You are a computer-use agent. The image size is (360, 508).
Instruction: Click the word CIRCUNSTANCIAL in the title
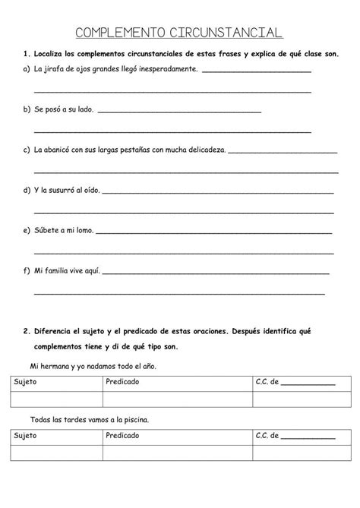point(227,33)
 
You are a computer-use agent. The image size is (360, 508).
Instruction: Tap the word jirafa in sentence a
point(58,70)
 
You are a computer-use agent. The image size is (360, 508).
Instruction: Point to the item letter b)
point(28,110)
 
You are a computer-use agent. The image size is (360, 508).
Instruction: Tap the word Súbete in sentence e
point(46,230)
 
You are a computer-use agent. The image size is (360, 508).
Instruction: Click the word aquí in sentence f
point(90,270)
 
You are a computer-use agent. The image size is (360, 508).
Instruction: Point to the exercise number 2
point(26,331)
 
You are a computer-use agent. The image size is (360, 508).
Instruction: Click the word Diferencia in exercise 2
point(53,331)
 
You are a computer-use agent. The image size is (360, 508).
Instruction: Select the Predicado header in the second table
point(122,436)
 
